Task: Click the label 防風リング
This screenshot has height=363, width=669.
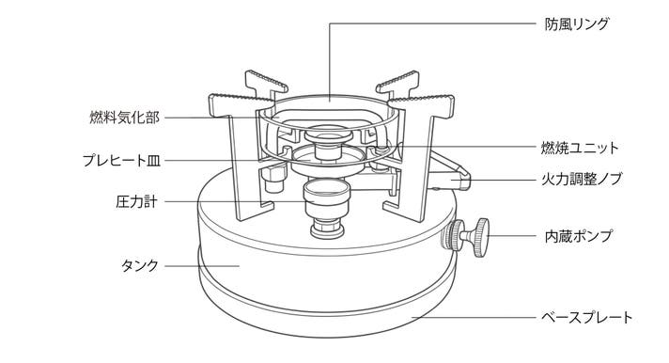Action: point(576,24)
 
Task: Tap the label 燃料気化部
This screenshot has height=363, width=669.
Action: point(125,117)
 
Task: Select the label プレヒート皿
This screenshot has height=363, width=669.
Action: point(121,161)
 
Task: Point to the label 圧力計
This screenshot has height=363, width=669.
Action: point(136,201)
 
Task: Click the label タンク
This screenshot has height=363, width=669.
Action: point(140,265)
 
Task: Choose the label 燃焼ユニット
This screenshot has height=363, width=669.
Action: point(580,148)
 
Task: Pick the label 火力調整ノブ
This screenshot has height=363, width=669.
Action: point(582,179)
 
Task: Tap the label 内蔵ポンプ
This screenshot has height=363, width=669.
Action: point(579,236)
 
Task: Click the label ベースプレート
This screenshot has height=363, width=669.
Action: point(586,317)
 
